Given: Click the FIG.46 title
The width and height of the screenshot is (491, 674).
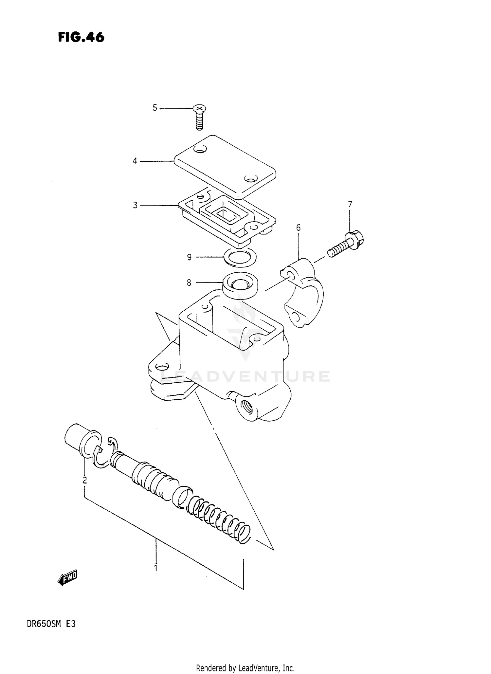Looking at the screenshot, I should click(x=81, y=37).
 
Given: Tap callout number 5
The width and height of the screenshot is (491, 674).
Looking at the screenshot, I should click(x=155, y=108).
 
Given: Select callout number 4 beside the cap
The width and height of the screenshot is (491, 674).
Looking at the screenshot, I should click(x=135, y=161).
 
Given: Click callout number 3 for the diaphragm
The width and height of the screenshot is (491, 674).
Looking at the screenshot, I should click(x=135, y=205).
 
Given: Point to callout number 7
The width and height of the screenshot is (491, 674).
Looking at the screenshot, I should click(x=350, y=204).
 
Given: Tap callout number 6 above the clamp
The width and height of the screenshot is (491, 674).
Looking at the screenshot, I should click(x=298, y=227).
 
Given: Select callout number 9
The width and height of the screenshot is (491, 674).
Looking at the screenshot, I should click(x=189, y=257).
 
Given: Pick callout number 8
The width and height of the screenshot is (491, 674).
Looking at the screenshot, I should click(x=189, y=282).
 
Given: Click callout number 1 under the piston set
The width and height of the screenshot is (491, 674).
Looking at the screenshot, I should click(x=156, y=568).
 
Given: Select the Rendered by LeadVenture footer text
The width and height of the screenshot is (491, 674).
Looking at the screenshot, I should click(x=245, y=667).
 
